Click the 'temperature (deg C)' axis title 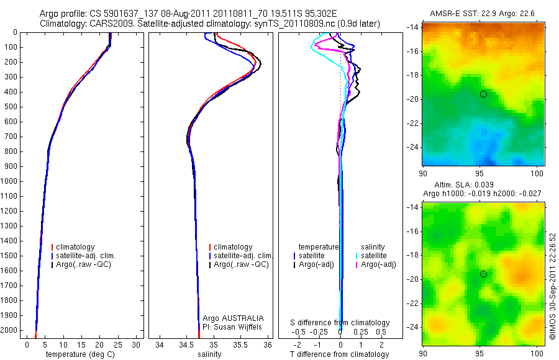pos(78,354)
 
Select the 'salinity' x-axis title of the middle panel pos(209,354)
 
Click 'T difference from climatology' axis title pos(339,354)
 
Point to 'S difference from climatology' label pos(340,323)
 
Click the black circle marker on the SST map pos(483,94)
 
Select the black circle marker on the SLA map pos(483,274)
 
